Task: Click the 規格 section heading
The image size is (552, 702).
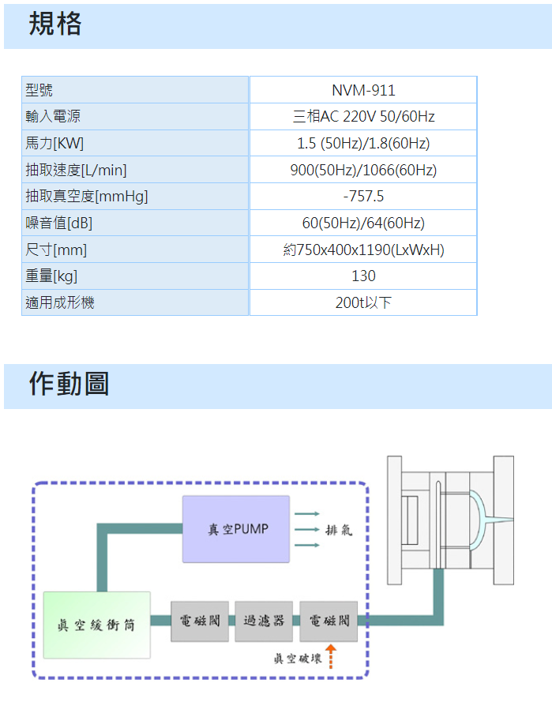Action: (x=55, y=24)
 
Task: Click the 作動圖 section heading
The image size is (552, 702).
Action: (x=69, y=384)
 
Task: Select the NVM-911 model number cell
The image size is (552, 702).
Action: (x=363, y=91)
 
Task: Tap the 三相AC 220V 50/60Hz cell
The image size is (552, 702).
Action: (x=363, y=117)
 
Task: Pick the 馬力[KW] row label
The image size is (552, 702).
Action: (x=54, y=144)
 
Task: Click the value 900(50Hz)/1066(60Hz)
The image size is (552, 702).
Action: (x=363, y=170)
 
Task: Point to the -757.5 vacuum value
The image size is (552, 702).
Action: (x=363, y=197)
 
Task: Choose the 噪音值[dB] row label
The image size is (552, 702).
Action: (x=59, y=223)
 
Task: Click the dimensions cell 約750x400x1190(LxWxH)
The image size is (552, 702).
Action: (x=363, y=250)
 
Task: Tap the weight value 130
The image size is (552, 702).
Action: (x=363, y=276)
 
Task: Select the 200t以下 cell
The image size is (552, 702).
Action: (x=363, y=302)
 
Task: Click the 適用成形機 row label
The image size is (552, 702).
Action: (x=60, y=302)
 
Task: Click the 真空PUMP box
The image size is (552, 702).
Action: (x=236, y=529)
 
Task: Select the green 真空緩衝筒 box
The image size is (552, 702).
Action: (x=96, y=625)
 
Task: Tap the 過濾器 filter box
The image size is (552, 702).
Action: (x=264, y=621)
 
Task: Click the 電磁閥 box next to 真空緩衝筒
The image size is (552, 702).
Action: (x=200, y=621)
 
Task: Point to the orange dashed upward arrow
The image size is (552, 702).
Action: (x=331, y=657)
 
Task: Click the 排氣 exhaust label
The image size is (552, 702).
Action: (x=339, y=530)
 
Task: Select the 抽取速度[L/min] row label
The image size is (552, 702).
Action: (x=76, y=171)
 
